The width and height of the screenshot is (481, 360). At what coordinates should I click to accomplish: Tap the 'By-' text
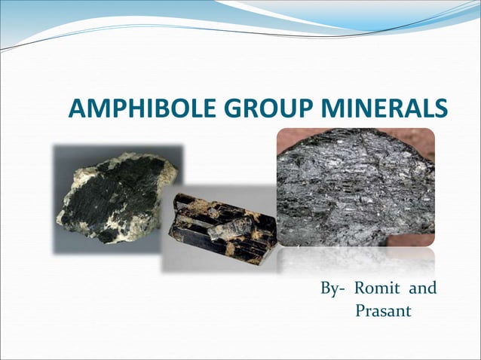[332, 289]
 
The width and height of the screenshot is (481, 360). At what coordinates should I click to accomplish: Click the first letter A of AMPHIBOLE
[77, 109]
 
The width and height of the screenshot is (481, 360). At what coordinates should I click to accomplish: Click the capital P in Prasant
[360, 310]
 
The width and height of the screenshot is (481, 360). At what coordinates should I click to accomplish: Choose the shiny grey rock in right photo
[354, 188]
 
